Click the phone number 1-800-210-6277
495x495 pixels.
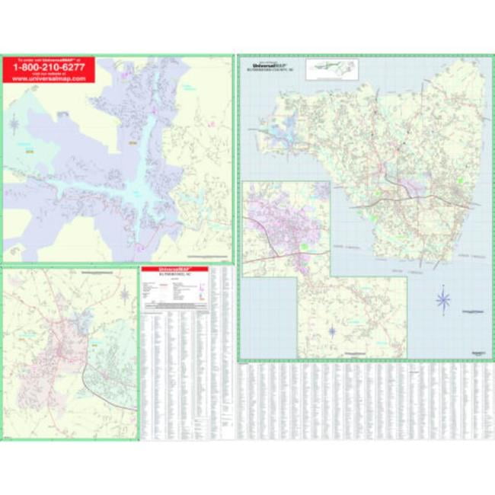point(47,66)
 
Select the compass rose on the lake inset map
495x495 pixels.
point(14,122)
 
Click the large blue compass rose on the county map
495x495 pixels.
point(444,299)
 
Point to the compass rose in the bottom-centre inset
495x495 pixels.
point(333,331)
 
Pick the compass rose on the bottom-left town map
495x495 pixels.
point(123,294)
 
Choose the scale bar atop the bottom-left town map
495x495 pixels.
point(99,271)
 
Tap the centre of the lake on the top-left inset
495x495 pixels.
point(137,183)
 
